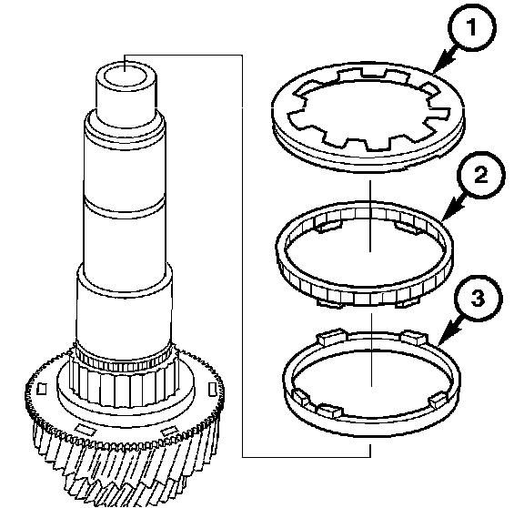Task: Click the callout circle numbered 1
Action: tap(472, 27)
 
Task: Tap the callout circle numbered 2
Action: tap(480, 175)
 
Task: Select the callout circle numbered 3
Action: tap(478, 299)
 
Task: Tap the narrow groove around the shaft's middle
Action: tap(124, 207)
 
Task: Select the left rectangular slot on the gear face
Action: tap(41, 389)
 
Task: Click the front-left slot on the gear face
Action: tap(85, 429)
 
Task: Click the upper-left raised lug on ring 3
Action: tap(331, 337)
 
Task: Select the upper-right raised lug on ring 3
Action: tap(414, 338)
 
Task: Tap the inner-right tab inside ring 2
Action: tap(408, 227)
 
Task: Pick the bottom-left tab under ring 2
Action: tap(330, 304)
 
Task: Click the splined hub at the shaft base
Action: tap(124, 381)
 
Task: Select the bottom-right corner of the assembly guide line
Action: tap(370, 457)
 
